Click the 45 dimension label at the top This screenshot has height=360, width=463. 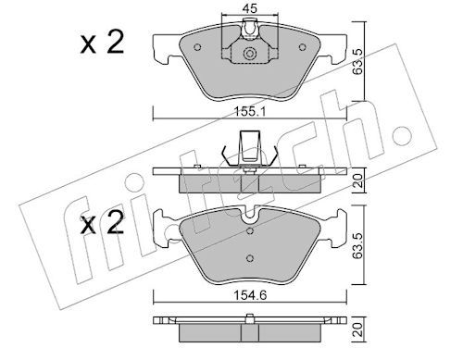point(249,8)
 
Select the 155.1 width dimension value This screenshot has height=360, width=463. point(250,111)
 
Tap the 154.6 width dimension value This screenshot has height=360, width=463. point(250,295)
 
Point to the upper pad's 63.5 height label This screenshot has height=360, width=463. point(357,61)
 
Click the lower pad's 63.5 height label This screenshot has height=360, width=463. point(357,245)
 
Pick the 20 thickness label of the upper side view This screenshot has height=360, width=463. point(357,180)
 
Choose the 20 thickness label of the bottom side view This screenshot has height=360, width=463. point(357,329)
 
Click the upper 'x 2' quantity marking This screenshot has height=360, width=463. point(102,43)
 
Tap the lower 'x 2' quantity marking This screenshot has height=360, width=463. point(102,224)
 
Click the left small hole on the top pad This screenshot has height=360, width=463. point(197,47)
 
